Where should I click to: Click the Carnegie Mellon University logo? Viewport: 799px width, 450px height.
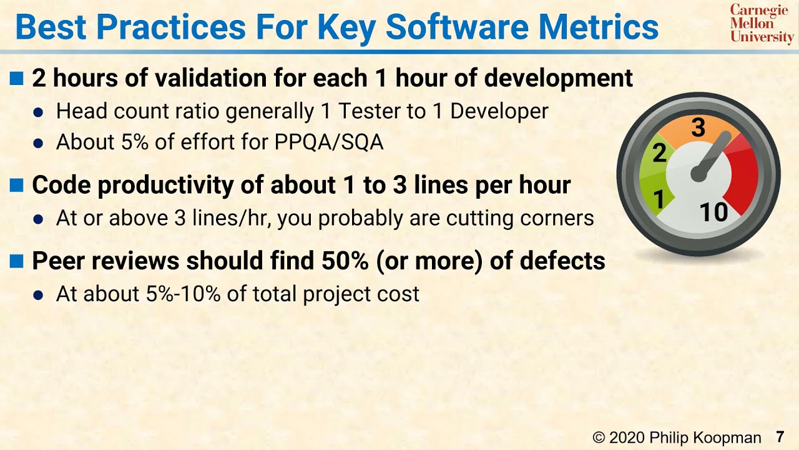click(x=762, y=24)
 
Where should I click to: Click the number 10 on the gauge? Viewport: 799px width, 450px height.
click(x=713, y=213)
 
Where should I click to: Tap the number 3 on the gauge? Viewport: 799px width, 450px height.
click(x=699, y=128)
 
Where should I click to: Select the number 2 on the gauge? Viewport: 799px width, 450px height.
click(x=659, y=153)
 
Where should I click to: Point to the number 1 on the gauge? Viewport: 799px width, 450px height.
click(x=658, y=200)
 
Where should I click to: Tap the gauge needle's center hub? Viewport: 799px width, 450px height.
click(x=699, y=174)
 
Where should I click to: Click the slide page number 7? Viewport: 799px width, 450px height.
click(x=780, y=437)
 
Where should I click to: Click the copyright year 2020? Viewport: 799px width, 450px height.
click(x=628, y=437)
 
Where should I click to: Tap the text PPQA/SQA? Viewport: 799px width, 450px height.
click(x=329, y=142)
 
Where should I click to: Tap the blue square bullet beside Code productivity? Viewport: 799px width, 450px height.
click(x=17, y=185)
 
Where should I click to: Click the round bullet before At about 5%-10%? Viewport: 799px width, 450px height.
click(x=39, y=295)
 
